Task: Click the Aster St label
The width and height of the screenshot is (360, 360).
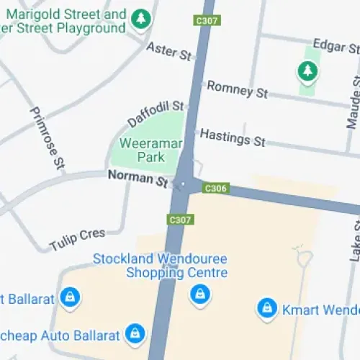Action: (x=170, y=52)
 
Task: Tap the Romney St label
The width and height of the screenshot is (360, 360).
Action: (x=237, y=90)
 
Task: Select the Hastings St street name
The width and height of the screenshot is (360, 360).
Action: (x=233, y=137)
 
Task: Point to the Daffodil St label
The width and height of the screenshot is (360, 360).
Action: (x=156, y=112)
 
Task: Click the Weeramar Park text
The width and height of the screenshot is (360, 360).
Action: (x=151, y=149)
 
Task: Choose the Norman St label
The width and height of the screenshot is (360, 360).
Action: (x=138, y=177)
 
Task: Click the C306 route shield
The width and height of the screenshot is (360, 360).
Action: (x=216, y=189)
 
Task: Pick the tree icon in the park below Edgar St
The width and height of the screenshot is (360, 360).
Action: (x=307, y=71)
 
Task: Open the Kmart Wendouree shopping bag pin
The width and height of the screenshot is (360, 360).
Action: (x=267, y=309)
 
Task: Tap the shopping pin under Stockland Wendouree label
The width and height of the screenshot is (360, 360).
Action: (x=199, y=294)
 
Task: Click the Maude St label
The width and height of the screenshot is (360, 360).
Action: (x=353, y=102)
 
